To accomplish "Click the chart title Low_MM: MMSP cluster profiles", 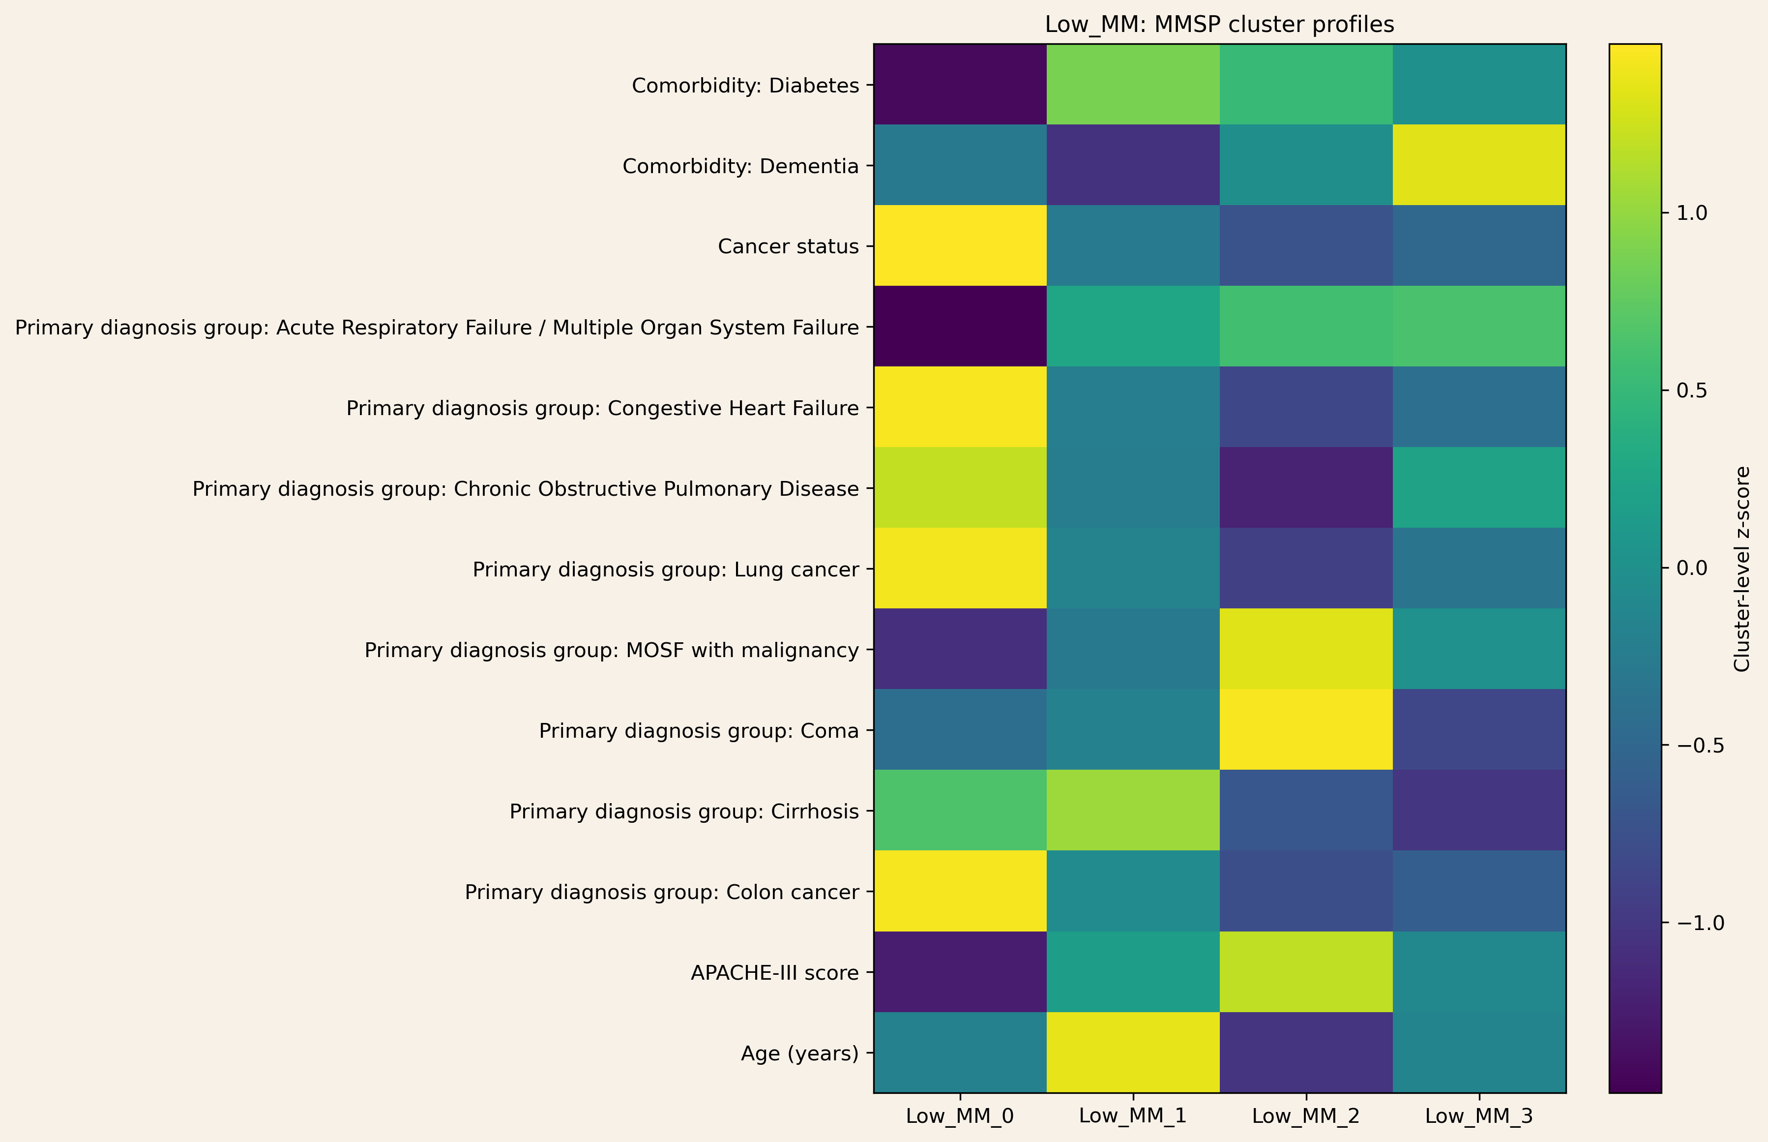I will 1219,25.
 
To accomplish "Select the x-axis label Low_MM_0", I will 960,1115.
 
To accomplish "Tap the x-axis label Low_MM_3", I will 1479,1115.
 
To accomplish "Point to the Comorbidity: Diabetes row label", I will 745,86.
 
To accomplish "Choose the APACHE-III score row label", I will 775,972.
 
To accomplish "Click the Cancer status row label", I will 788,246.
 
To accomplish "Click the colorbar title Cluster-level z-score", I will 1742,568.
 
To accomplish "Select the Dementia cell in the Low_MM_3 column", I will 1479,165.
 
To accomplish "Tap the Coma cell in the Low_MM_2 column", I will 1306,730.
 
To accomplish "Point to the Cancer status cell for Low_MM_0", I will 960,245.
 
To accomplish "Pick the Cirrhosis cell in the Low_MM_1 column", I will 1133,811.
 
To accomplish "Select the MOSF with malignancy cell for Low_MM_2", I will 1306,649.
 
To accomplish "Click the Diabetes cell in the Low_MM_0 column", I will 960,85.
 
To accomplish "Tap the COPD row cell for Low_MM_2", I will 1306,488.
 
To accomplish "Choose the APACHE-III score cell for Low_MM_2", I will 1306,971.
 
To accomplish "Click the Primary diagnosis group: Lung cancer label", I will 666,570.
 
